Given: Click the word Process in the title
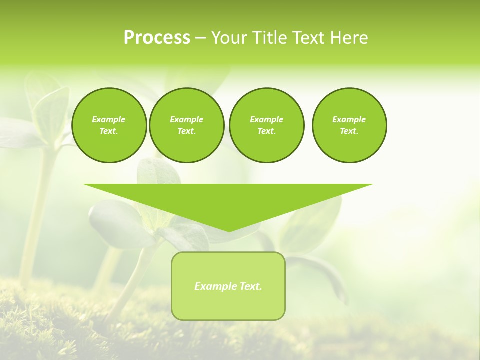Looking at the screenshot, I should click(157, 38).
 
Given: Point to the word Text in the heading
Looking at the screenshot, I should click(308, 38).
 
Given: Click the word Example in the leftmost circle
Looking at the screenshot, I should click(109, 119).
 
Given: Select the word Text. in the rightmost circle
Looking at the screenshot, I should click(349, 131).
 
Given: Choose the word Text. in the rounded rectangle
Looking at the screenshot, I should click(250, 286).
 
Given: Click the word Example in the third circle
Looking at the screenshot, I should click(266, 119).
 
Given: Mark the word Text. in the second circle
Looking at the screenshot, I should click(186, 131).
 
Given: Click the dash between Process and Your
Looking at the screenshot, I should click(200, 38).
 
